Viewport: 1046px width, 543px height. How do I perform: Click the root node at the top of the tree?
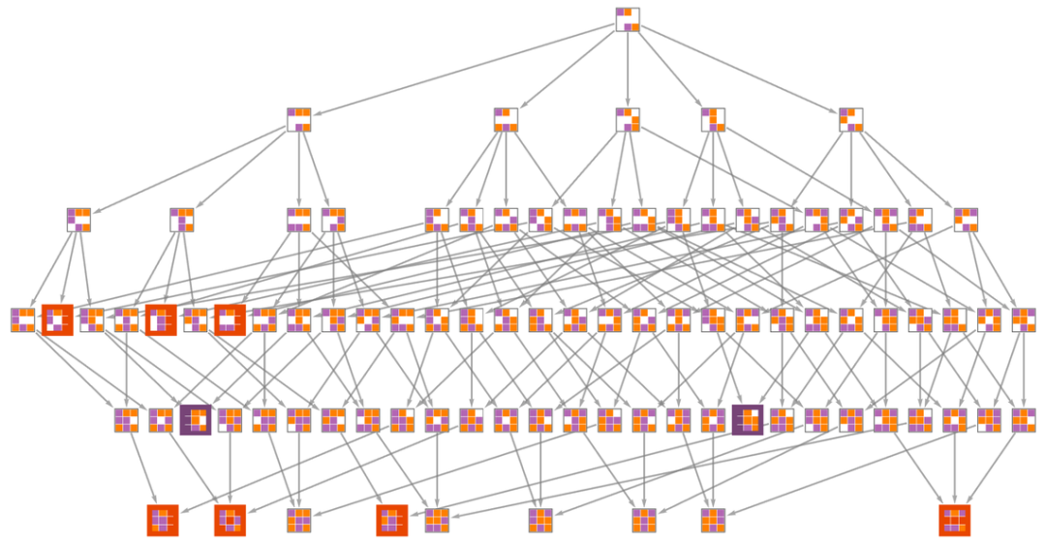628,19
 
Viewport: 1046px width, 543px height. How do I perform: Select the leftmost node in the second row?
299,119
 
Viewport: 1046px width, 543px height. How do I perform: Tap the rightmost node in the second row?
851,119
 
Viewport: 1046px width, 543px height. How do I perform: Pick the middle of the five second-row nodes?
628,119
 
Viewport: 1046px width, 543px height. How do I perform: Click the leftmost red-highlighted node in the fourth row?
57,319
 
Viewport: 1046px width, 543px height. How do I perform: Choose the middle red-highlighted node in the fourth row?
161,319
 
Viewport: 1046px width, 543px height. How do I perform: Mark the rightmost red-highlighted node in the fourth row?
230,319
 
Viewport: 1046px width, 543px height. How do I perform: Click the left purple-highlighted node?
196,419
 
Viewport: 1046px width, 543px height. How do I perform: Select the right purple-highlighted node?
748,419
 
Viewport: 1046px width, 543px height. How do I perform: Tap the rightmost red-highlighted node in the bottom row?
954,520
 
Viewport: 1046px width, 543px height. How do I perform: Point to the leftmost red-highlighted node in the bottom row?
163,520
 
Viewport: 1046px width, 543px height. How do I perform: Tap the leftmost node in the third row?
78,220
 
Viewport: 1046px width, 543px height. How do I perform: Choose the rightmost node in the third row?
966,220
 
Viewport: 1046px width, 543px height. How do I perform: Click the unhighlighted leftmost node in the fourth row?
22,319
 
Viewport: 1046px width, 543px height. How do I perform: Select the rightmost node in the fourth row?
1024,319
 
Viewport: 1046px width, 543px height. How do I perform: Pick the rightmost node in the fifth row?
1024,419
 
